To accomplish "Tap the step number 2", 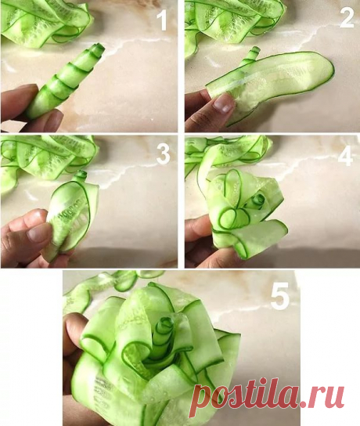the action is coord(347,18).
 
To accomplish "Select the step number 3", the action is coord(163,153).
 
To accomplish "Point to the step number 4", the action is coord(345,157).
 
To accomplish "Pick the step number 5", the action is coord(280,296).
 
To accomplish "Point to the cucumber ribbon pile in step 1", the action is coord(46,23).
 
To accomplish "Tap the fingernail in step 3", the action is coord(39,234).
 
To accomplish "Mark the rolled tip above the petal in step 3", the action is coord(81,175).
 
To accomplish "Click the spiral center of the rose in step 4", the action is coord(259,200).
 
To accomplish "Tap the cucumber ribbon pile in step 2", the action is coord(233,22).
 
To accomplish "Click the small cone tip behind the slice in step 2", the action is coord(254,54).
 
